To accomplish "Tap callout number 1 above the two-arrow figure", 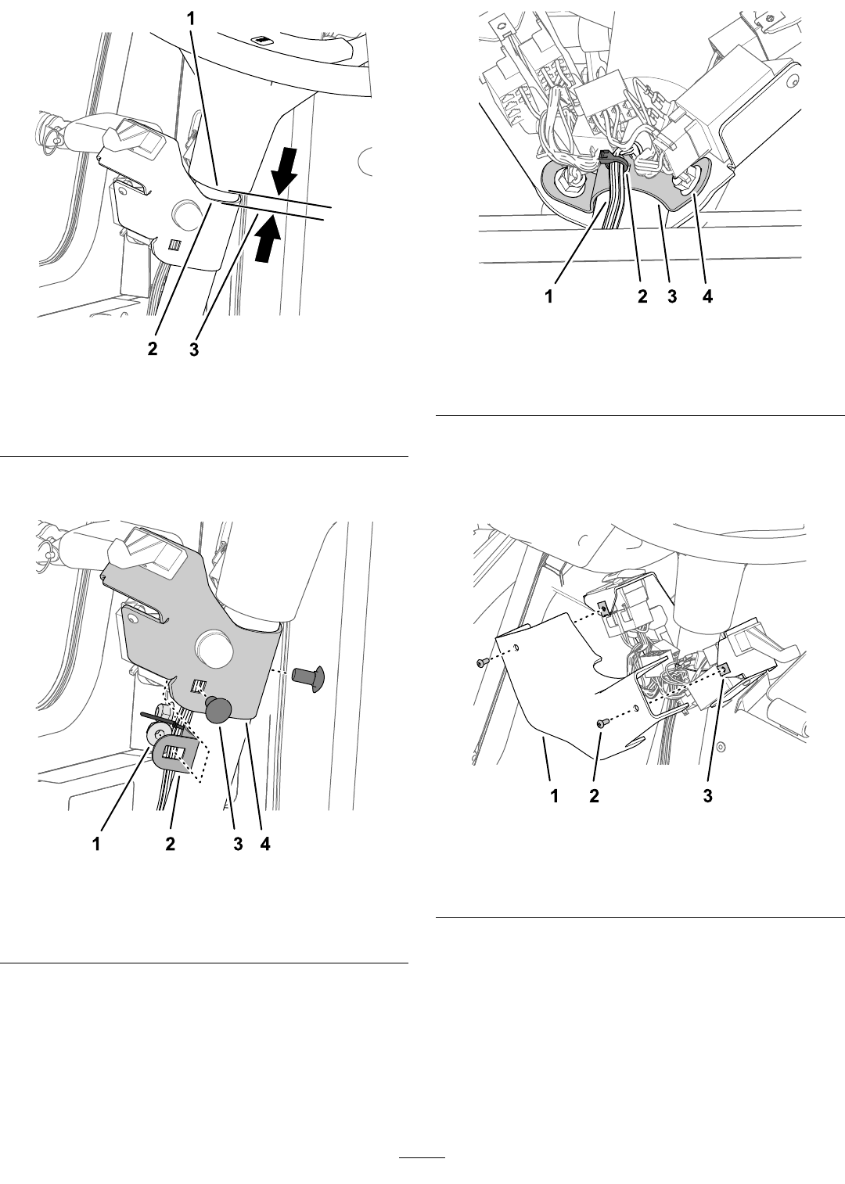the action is coord(191,19).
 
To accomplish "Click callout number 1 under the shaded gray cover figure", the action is coord(96,845).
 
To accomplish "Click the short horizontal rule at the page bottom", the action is coord(422,1154).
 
